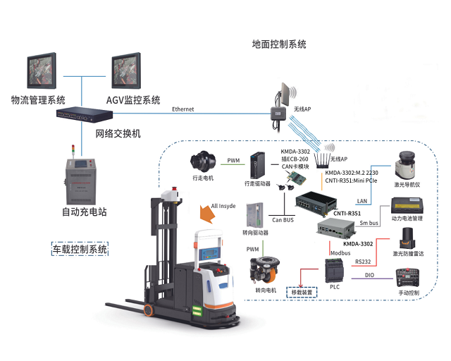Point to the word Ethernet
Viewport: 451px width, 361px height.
pyautogui.click(x=183, y=109)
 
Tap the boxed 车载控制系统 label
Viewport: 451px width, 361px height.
pyautogui.click(x=80, y=248)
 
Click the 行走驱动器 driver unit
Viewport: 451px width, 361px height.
pyautogui.click(x=259, y=166)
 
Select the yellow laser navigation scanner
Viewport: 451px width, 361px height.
pyautogui.click(x=406, y=164)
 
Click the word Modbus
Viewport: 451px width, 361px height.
pyautogui.click(x=340, y=252)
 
